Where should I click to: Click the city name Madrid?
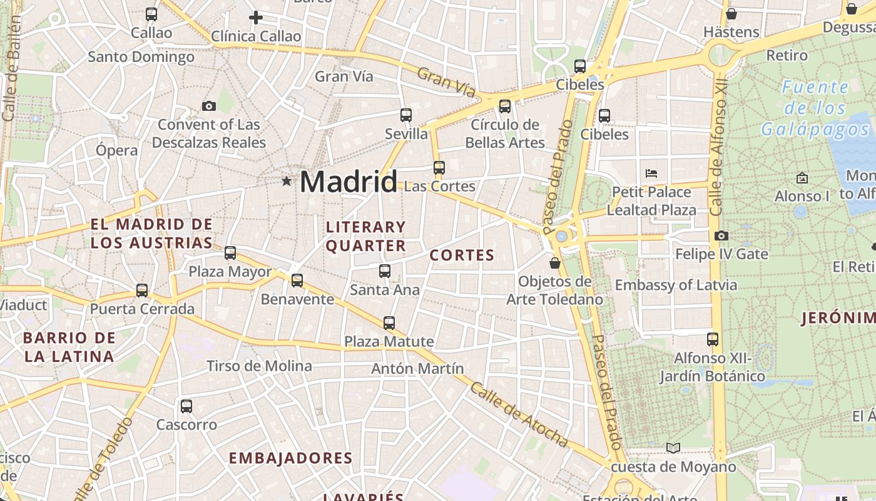point(348,182)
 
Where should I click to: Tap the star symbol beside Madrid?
point(287,181)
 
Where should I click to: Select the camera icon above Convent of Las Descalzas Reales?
point(209,106)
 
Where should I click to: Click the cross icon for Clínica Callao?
point(255,18)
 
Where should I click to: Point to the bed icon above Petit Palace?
point(651,173)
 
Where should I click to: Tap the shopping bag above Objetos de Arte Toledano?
point(554,263)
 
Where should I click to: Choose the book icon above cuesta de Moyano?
point(673,448)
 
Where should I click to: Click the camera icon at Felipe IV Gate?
point(721,236)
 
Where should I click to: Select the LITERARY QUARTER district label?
point(366,236)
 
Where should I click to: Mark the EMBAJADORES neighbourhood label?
point(290,458)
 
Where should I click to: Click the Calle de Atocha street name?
point(519,415)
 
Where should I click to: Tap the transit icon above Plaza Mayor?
point(230,253)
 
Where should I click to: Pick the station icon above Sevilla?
point(406,115)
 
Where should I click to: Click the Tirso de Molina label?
point(259,366)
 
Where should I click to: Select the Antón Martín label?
point(417,368)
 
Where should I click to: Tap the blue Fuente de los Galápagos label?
point(815,108)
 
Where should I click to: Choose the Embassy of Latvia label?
point(676,286)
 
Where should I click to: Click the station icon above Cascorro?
point(186,406)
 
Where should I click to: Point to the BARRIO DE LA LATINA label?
point(69,347)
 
